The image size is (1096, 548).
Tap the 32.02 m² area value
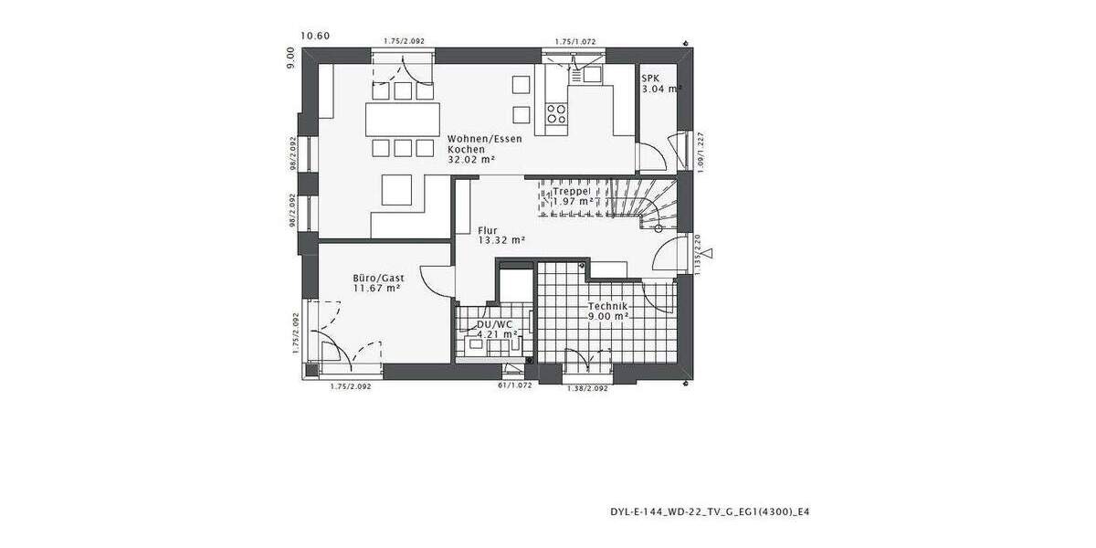471,160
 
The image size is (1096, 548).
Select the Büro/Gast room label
378,278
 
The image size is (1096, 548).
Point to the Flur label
487,230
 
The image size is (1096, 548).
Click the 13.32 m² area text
501,241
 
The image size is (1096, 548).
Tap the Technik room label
608,306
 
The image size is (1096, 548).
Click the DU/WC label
493,324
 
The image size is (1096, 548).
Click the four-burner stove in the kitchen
555,113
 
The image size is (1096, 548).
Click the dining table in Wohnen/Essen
399,120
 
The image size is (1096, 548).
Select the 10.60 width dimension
315,37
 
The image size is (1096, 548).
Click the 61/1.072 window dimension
514,386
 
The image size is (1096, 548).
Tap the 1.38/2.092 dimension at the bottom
587,389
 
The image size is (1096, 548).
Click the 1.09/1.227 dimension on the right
700,152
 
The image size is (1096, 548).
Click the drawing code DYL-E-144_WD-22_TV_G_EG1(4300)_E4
709,512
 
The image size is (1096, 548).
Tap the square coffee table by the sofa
398,190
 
